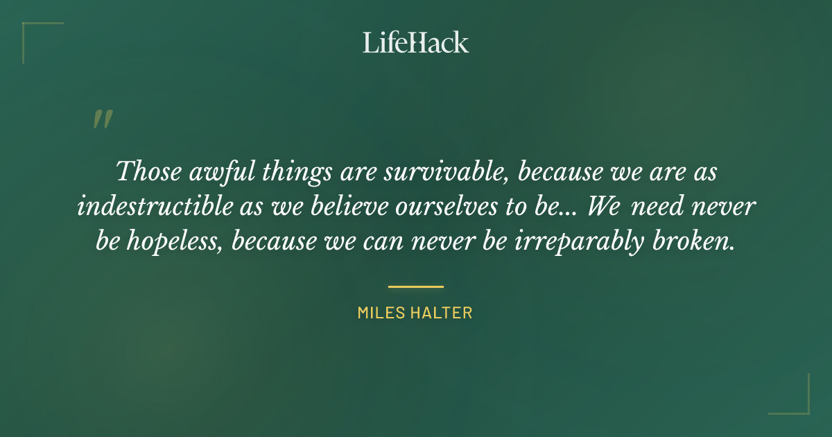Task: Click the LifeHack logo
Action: click(x=416, y=42)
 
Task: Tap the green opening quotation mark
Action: click(x=102, y=119)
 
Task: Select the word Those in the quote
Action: click(x=146, y=171)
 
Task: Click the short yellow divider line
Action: click(x=416, y=286)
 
